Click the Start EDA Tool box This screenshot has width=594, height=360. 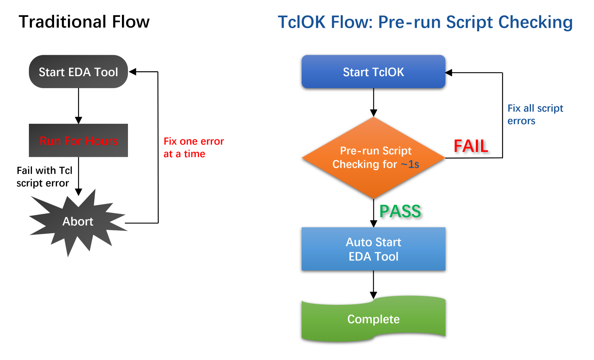[78, 72]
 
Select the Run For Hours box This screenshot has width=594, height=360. [78, 140]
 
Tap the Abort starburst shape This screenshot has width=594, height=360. [78, 222]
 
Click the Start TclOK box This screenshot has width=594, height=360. [373, 72]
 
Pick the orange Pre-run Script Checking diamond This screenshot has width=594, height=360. [373, 158]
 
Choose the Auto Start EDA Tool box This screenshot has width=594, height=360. [373, 249]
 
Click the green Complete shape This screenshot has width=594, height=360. [373, 319]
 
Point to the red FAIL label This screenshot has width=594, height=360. [471, 146]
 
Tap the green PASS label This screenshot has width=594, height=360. [400, 211]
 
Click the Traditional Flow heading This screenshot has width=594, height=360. [84, 22]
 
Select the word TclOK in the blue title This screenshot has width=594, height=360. [302, 22]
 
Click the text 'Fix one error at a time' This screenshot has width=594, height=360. [194, 147]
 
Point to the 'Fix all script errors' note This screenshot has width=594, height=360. [535, 114]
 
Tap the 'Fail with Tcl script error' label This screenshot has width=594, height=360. [44, 177]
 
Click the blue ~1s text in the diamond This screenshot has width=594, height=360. [410, 164]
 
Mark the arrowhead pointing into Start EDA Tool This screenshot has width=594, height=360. [132, 72]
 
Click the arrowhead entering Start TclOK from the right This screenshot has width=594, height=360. [449, 72]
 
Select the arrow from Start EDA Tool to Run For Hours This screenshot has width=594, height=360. [78, 106]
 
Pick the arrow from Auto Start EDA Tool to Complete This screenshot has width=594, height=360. [373, 285]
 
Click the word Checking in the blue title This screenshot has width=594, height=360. [535, 22]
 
